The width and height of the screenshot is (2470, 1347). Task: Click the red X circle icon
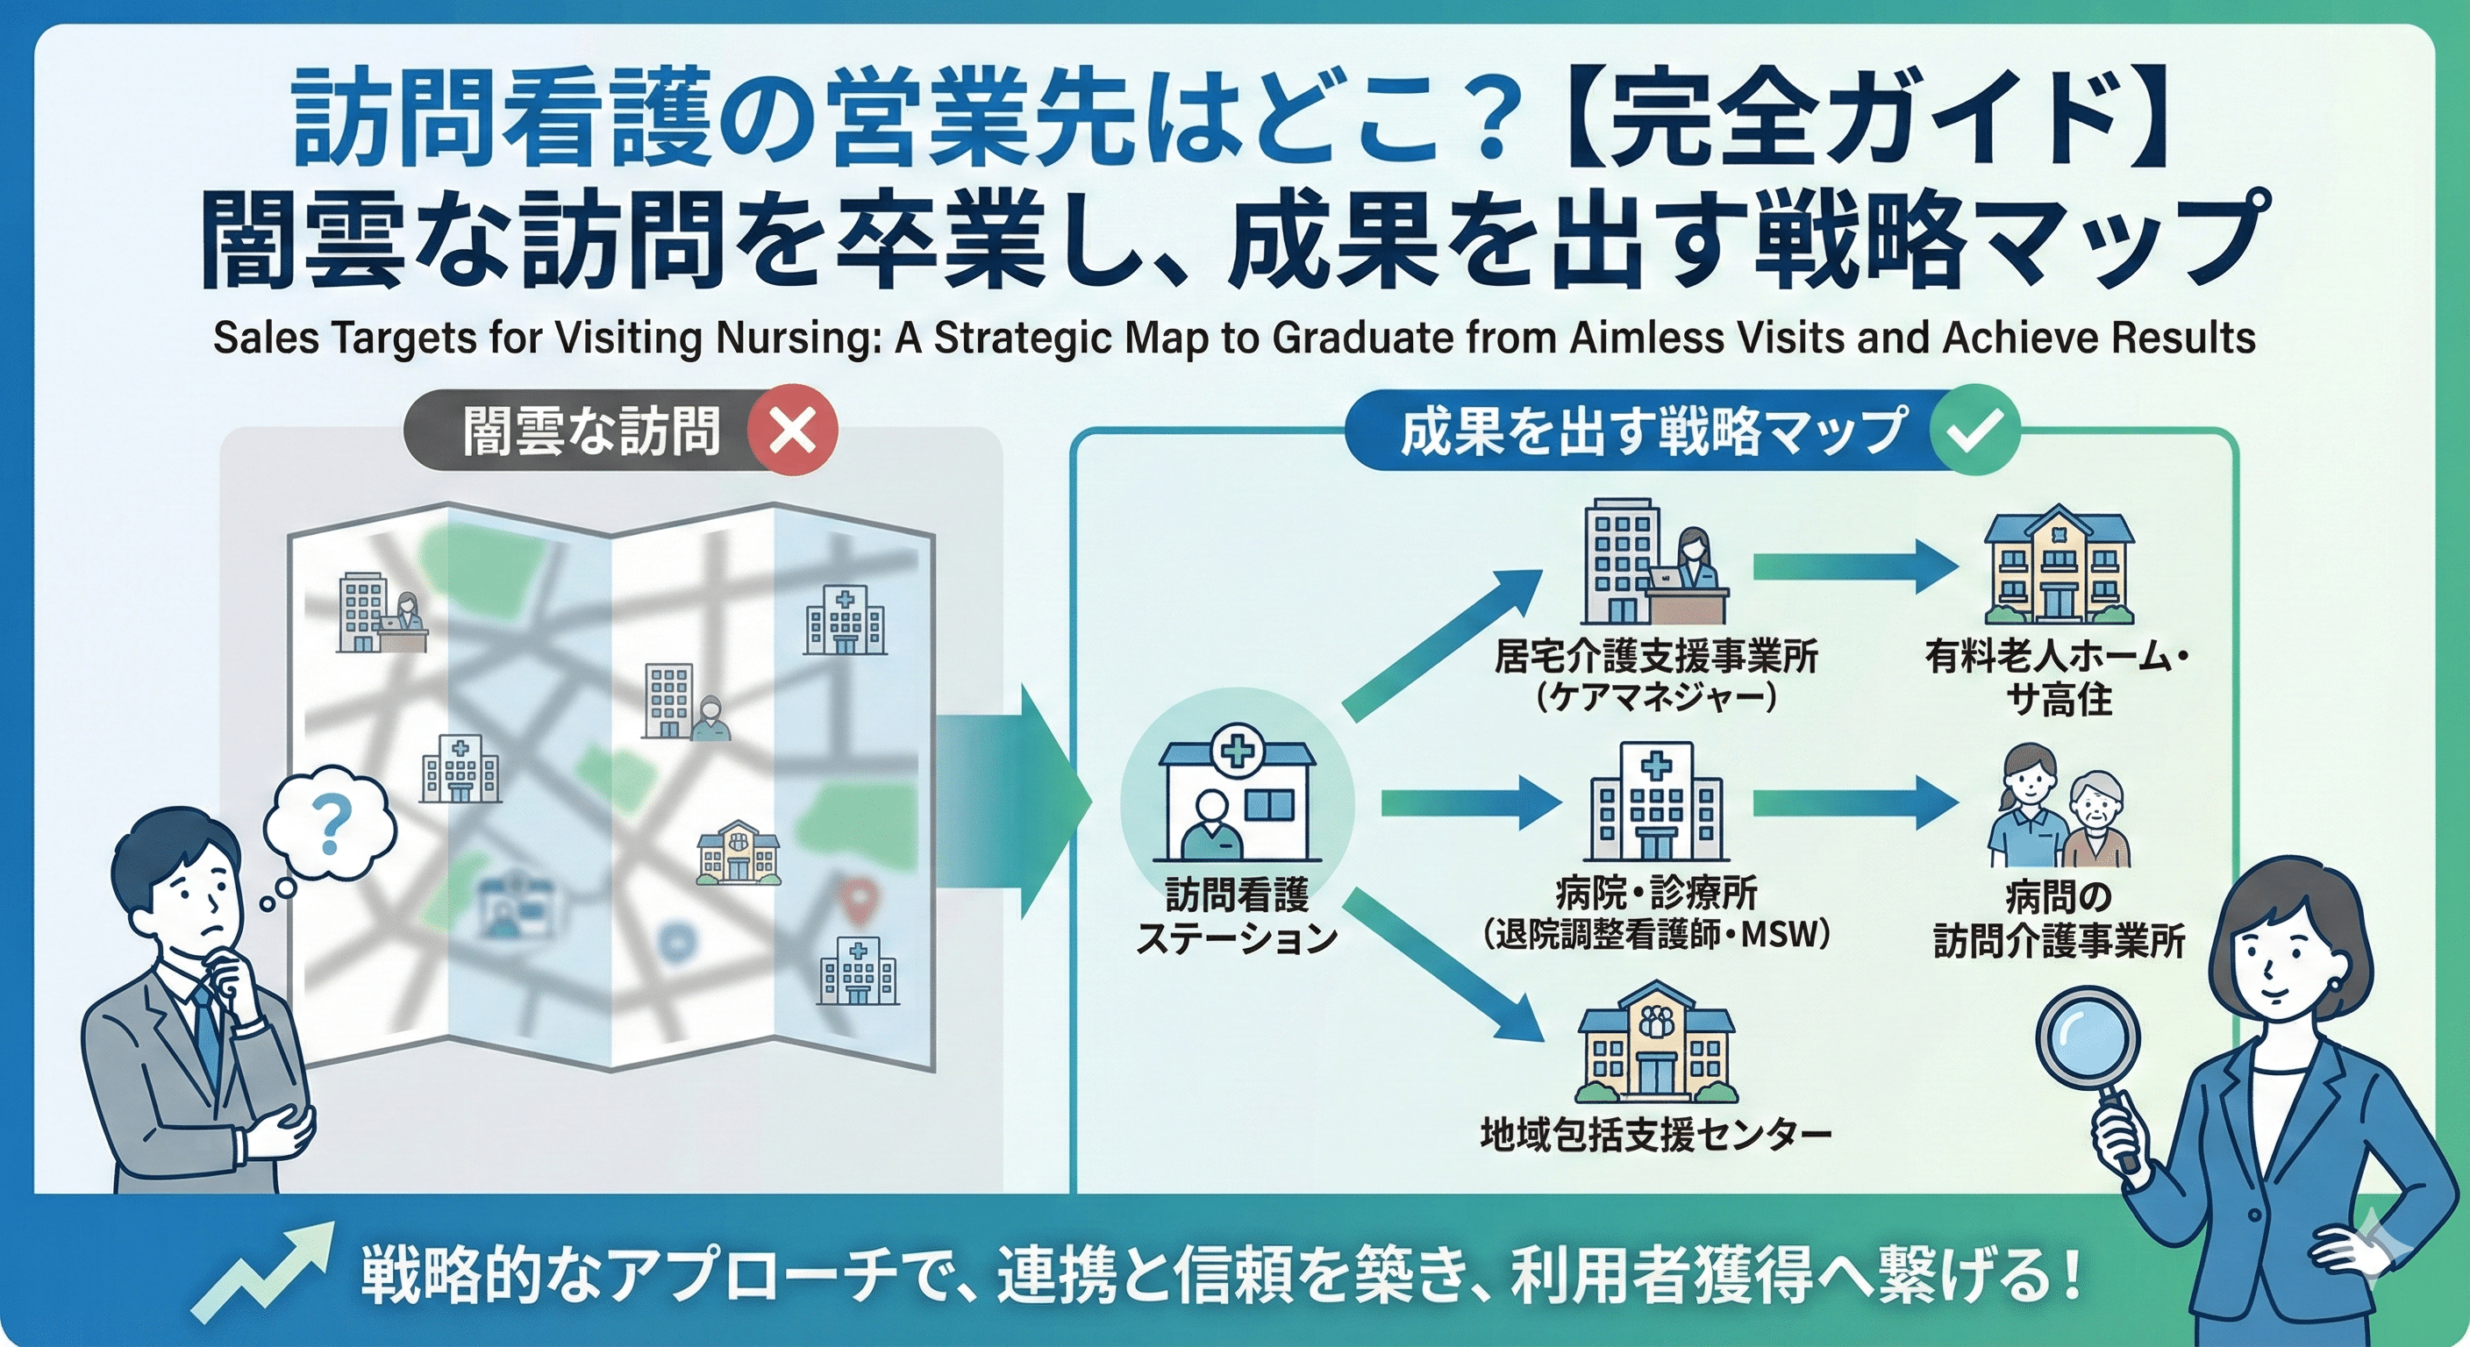[793, 431]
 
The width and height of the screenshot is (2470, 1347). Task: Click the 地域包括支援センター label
[1656, 1135]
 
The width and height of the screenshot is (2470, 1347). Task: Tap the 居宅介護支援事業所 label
[1656, 658]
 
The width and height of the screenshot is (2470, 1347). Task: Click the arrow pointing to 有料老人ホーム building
[1855, 567]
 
